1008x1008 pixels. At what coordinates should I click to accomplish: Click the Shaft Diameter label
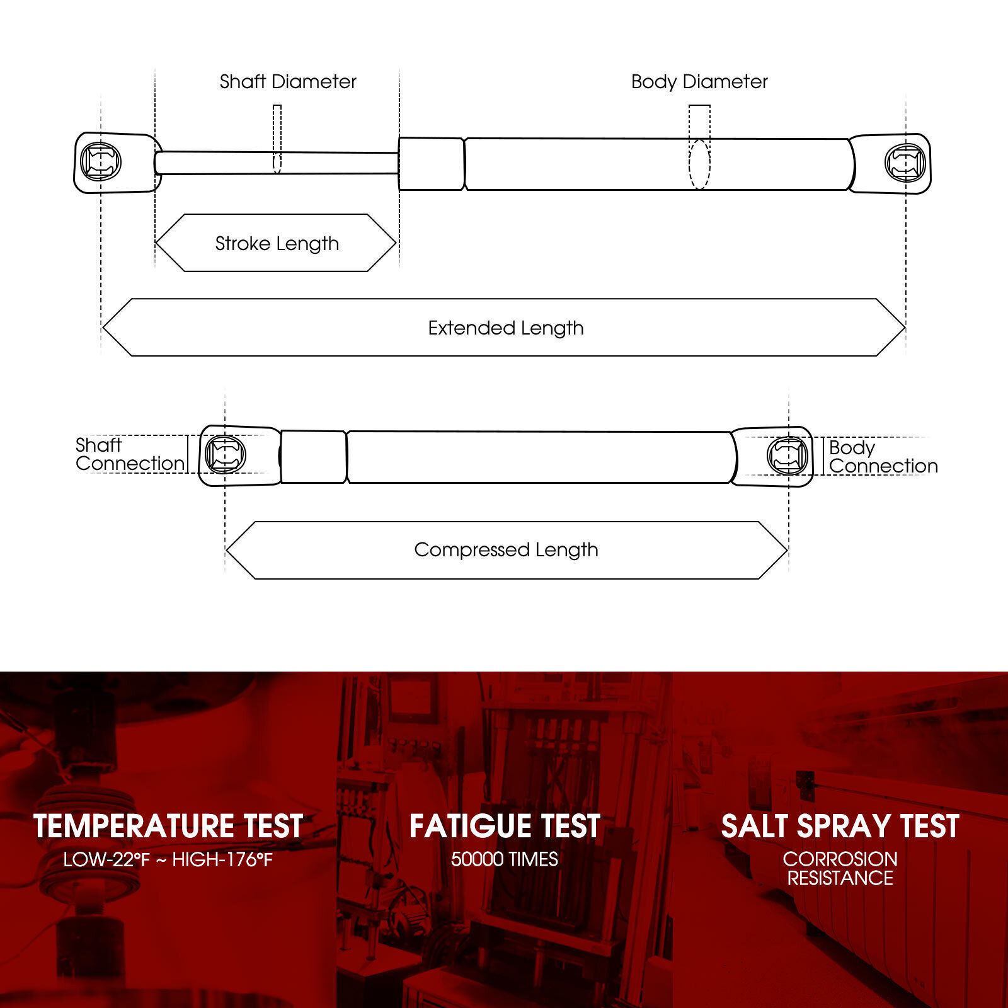[x=288, y=82]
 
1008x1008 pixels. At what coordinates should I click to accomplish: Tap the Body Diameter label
[x=699, y=82]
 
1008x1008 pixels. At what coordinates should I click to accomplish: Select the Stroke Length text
[x=277, y=244]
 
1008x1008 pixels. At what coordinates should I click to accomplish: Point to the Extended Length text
[x=506, y=328]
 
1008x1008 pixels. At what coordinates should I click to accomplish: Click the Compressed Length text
[x=506, y=550]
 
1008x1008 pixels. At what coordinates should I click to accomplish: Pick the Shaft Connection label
[x=130, y=454]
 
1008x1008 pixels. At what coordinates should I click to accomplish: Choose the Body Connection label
[x=883, y=457]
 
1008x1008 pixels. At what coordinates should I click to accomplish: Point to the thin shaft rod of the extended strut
[x=277, y=163]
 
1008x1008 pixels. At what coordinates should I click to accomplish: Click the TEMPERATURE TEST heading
[x=168, y=826]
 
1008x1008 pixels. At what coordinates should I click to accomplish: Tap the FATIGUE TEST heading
[x=505, y=826]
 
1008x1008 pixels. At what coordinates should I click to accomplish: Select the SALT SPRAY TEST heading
[x=840, y=826]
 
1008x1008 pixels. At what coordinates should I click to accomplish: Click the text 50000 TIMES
[x=505, y=859]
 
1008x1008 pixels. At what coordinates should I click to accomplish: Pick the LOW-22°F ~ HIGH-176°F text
[x=168, y=859]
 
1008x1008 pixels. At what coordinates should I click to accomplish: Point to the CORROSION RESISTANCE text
[x=840, y=869]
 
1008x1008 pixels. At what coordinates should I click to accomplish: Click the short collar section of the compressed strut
[x=313, y=457]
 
